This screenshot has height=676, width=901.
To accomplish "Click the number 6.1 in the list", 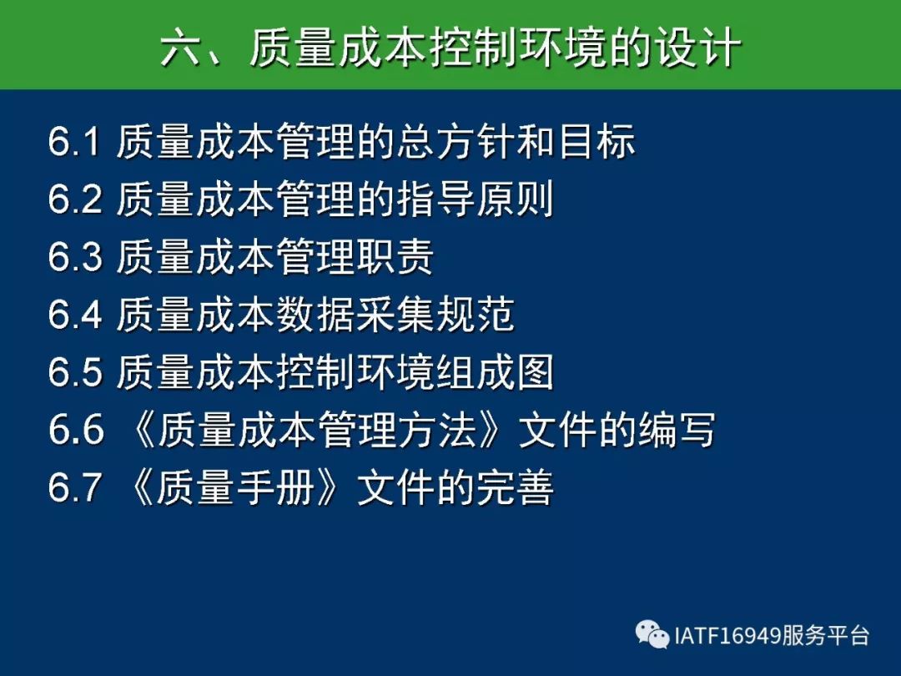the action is [75, 141].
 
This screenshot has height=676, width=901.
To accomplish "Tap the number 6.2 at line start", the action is [75, 199].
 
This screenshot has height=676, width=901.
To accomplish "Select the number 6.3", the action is [75, 256].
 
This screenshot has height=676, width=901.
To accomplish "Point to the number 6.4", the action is [75, 314].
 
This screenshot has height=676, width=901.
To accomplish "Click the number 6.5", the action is [75, 371].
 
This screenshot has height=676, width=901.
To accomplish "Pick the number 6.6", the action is [76, 430].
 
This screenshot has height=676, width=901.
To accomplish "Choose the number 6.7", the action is [75, 487].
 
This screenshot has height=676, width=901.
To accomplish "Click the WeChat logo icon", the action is [652, 634].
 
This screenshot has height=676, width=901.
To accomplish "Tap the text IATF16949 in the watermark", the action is [727, 636].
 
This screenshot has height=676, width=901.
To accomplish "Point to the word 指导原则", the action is [475, 199].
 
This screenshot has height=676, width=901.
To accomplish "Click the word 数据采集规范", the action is [395, 314].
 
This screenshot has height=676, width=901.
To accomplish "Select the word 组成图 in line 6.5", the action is [495, 371].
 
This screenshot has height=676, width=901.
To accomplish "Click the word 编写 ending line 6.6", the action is [677, 430].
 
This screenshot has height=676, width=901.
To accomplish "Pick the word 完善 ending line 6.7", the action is [515, 487].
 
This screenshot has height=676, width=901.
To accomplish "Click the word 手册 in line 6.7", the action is [274, 487].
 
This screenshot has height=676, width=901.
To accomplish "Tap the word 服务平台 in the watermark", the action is [824, 636].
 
